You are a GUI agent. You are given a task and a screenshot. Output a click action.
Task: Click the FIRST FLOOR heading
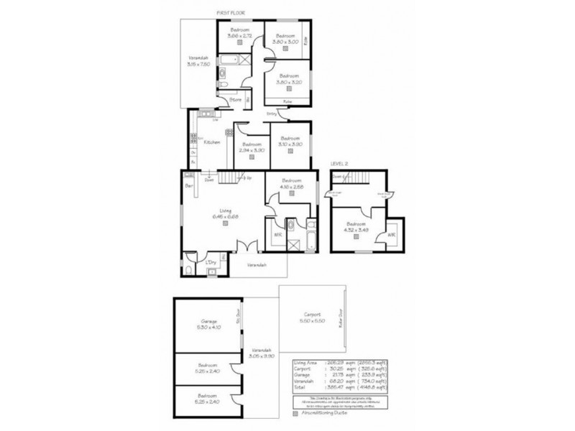pyautogui.click(x=233, y=13)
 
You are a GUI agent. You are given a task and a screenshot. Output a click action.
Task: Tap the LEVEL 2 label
pyautogui.click(x=340, y=164)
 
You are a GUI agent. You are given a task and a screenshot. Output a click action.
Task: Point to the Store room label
pyautogui.click(x=235, y=99)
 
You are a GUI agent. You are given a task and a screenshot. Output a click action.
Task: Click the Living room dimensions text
pyautogui.click(x=224, y=215)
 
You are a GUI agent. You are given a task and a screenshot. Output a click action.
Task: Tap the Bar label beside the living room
pyautogui.click(x=189, y=186)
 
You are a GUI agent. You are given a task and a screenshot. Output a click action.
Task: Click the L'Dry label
pyautogui.click(x=211, y=262)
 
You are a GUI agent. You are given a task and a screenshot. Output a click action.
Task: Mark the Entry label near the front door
pyautogui.click(x=272, y=113)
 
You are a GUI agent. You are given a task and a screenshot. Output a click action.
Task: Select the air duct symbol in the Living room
pyautogui.click(x=225, y=223)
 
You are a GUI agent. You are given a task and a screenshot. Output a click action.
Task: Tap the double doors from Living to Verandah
pyautogui.click(x=247, y=250)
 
